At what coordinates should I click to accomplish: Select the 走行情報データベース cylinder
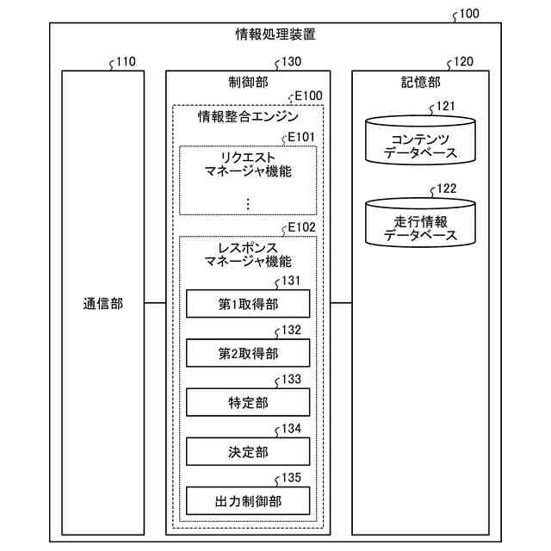[419, 221]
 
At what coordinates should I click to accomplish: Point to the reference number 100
[468, 15]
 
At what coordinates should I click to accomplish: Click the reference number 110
[125, 62]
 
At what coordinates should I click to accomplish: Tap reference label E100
[308, 96]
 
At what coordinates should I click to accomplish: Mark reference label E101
[305, 136]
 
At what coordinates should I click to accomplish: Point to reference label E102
[305, 227]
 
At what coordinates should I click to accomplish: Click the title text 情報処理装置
[275, 35]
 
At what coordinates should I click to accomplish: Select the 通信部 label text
[103, 303]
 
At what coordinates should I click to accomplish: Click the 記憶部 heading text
[421, 82]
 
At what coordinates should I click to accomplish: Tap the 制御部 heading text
[247, 82]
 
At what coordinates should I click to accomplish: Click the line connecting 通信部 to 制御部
[155, 303]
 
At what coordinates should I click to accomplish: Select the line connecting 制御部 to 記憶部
[340, 303]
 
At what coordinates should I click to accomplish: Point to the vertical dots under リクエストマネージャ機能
[247, 203]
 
